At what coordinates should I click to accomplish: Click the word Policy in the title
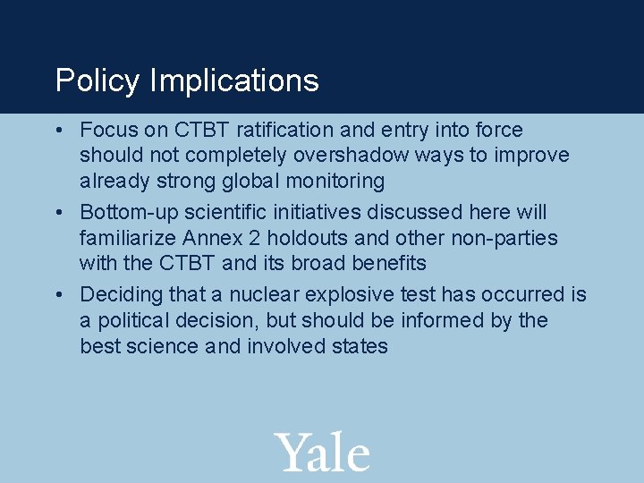click(x=97, y=81)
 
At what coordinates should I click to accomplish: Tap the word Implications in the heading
click(x=234, y=81)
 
